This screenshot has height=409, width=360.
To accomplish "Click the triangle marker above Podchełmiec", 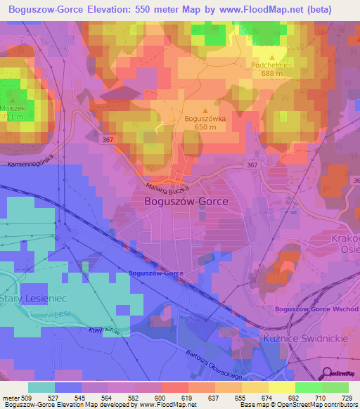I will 273,56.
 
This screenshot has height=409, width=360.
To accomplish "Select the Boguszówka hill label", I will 205,119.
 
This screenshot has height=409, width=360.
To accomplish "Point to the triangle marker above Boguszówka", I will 205,110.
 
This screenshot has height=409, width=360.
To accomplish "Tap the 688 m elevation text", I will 271,72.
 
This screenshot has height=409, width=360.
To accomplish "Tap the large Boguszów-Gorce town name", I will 186,201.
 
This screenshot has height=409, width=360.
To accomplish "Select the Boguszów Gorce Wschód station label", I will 316,309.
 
